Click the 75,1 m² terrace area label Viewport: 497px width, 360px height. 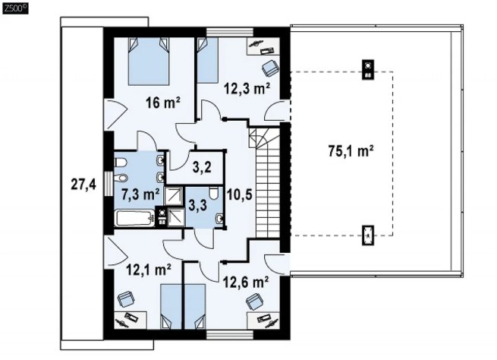tap(351, 151)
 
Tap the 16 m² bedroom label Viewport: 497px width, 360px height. tap(163, 103)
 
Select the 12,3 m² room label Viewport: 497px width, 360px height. tap(247, 89)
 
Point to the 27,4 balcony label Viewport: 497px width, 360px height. tap(83, 185)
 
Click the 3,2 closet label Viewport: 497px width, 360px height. tap(202, 167)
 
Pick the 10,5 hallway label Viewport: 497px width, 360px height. tap(240, 194)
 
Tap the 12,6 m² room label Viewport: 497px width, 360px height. tap(247, 282)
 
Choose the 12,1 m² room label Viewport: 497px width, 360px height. tap(149, 270)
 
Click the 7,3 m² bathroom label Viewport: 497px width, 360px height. tap(140, 194)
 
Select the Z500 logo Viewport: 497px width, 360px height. tap(15, 8)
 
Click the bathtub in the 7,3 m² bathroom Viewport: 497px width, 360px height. tap(135, 219)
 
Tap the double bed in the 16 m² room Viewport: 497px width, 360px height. tap(148, 62)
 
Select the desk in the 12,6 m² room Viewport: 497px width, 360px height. tap(263, 321)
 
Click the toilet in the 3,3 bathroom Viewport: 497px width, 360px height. tap(214, 193)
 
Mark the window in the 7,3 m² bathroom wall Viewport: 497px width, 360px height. tap(109, 184)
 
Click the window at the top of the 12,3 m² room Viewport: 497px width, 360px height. tap(230, 32)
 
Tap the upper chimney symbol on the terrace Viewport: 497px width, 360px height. tap(368, 69)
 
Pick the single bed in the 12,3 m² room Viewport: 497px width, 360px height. tap(208, 60)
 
